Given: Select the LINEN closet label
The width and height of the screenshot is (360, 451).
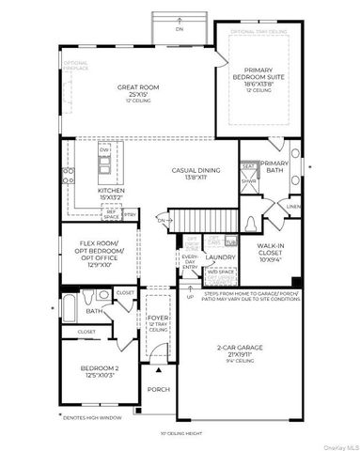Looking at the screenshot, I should tap(293, 206).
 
